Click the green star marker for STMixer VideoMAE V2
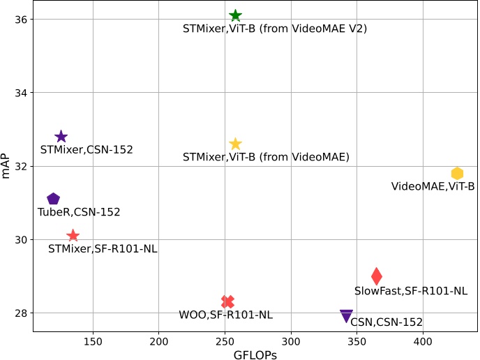click(236, 15)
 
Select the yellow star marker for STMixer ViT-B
click(236, 144)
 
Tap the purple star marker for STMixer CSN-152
click(61, 137)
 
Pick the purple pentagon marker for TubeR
click(53, 200)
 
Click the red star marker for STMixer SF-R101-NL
click(73, 236)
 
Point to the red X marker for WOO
click(227, 301)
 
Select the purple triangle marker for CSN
click(346, 316)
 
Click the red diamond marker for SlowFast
click(377, 276)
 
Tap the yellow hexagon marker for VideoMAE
click(458, 174)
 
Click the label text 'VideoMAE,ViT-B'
click(433, 186)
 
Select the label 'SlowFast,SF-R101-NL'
click(411, 291)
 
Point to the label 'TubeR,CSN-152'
click(79, 212)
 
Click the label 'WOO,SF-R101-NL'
click(225, 315)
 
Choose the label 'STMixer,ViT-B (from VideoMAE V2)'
click(275, 29)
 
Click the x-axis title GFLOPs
click(255, 354)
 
